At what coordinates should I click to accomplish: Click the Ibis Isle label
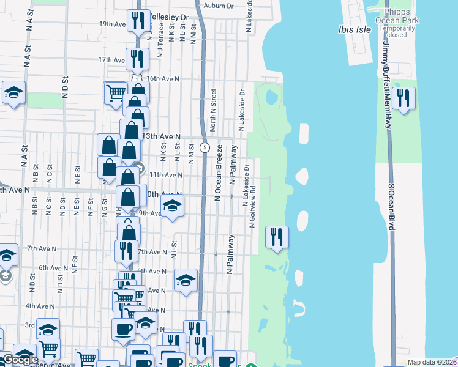(355, 29)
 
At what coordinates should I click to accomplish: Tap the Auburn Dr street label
(220, 5)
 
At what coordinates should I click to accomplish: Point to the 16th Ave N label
(162, 79)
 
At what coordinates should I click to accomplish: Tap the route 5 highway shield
(206, 147)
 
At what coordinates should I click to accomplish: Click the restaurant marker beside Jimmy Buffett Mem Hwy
(404, 99)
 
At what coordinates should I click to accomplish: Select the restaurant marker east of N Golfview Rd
(277, 236)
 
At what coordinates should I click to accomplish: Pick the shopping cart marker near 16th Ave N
(115, 94)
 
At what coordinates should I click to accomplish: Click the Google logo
(20, 360)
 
